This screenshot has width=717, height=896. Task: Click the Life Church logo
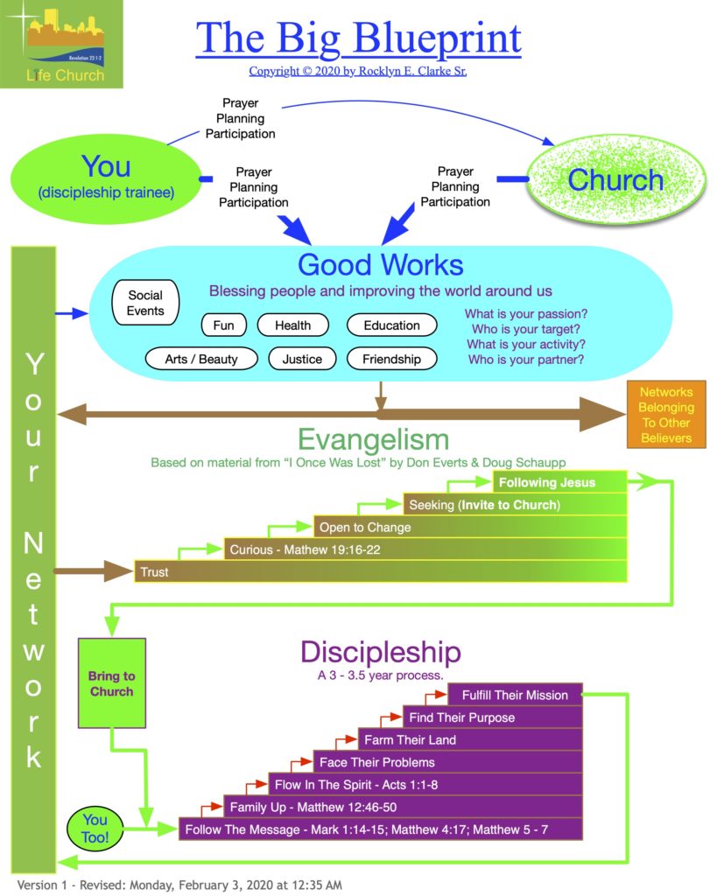pos(61,44)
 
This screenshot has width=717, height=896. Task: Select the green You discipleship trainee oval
pos(105,176)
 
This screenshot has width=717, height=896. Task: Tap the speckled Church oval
pos(615,179)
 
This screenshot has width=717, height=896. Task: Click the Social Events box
pos(145,303)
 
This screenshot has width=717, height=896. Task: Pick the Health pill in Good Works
pos(292,325)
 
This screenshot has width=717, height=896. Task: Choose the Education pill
pos(391,325)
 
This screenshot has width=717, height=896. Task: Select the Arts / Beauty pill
pos(201,359)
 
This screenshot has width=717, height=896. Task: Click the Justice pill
pos(302,359)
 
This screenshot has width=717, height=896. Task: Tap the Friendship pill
pos(391,359)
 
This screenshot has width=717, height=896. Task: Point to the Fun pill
pos(224,325)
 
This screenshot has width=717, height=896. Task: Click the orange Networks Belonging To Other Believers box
pos(666,415)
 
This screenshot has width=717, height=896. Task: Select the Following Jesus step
pos(559,482)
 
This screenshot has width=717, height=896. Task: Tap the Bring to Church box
pos(111,683)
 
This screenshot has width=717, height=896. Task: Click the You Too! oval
pos(95,828)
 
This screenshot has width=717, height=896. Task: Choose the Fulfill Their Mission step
pos(515,695)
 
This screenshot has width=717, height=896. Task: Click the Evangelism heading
pos(373,438)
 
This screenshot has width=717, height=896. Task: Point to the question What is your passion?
pos(525,313)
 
